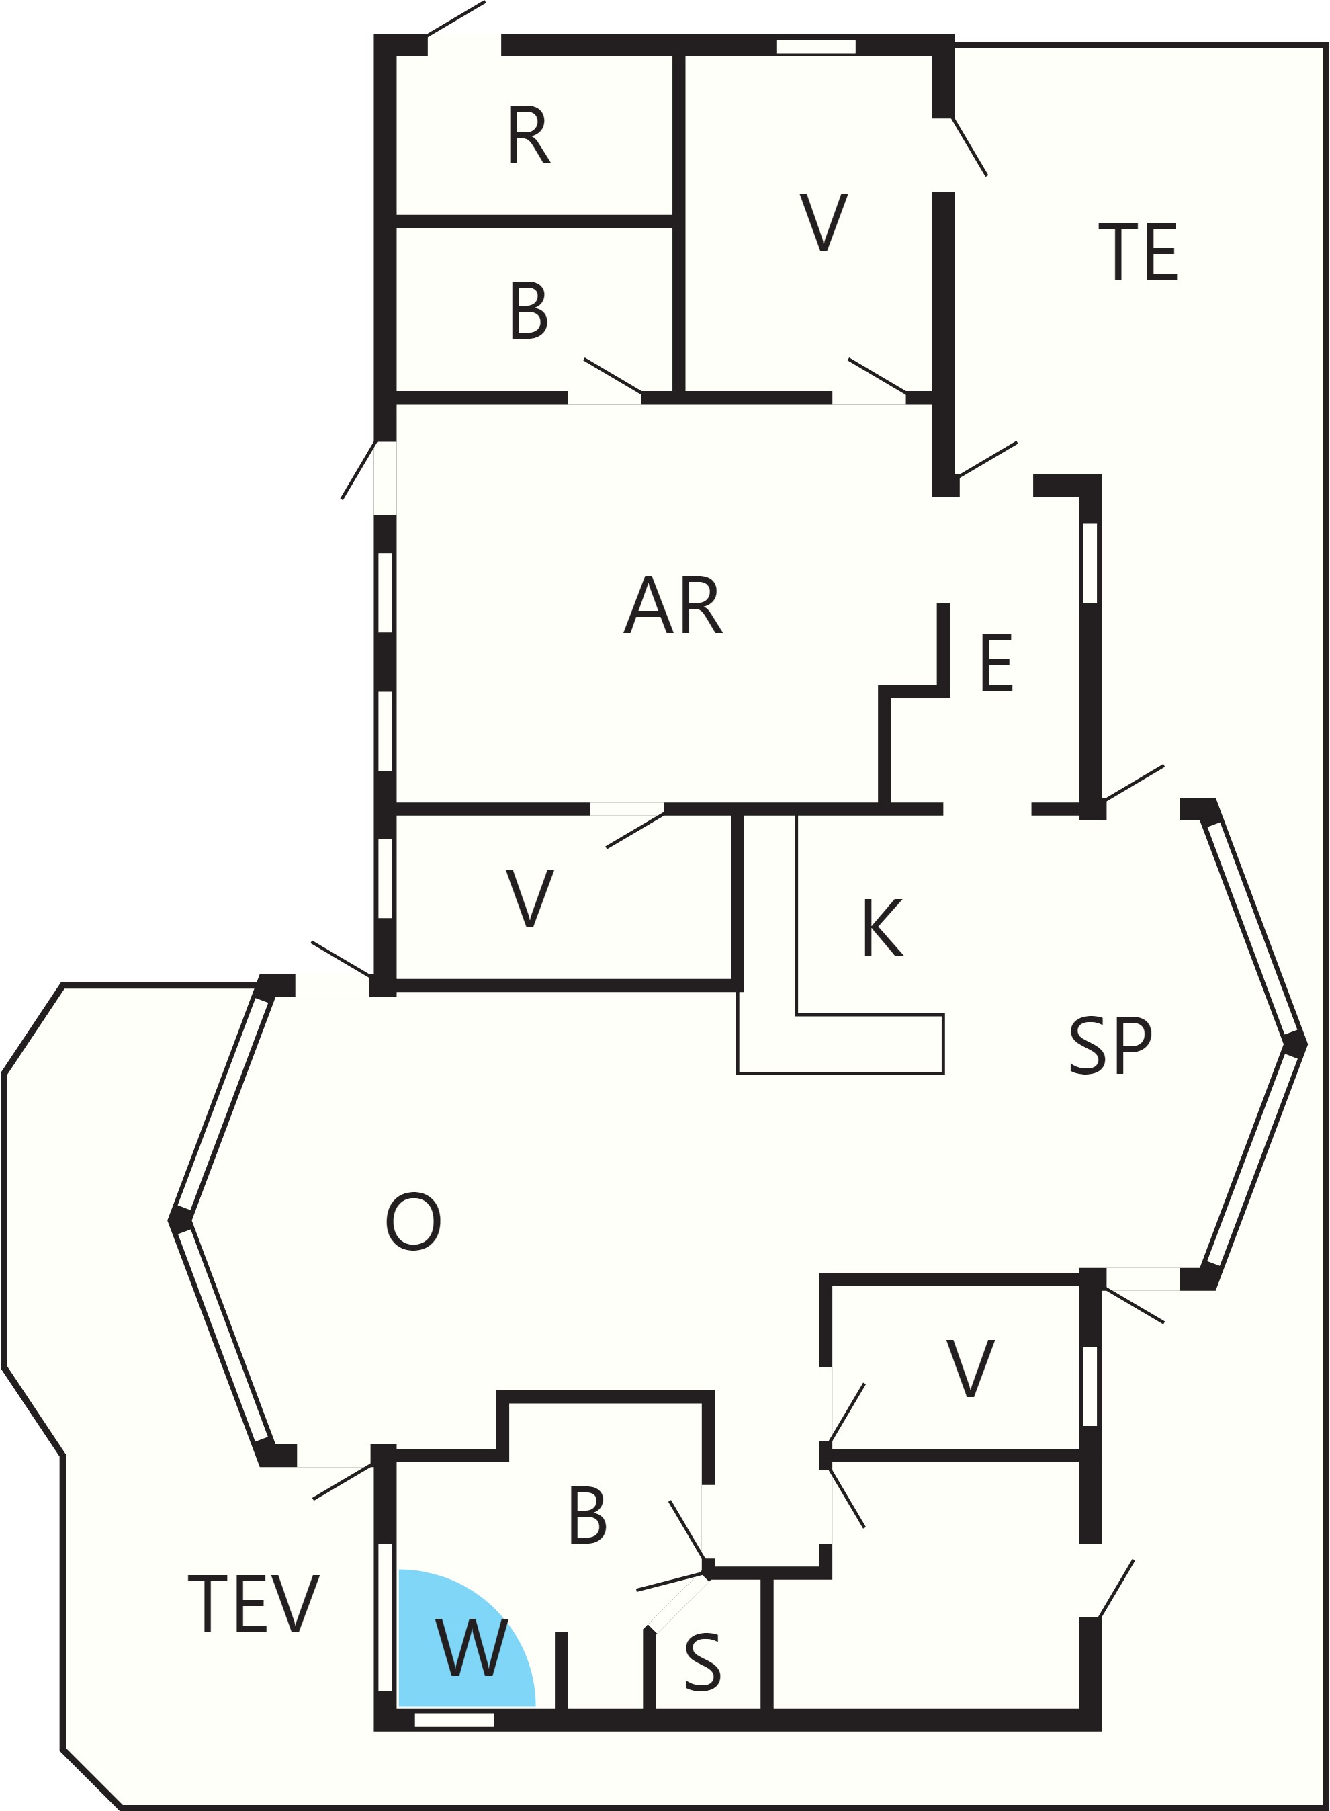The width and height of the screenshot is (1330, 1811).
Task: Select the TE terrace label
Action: click(x=1139, y=253)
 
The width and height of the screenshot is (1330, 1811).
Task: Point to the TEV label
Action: click(x=254, y=1605)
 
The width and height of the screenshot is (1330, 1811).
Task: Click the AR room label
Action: click(x=673, y=605)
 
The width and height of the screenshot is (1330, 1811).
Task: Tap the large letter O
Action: click(x=413, y=1222)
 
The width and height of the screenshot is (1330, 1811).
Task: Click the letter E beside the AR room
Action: click(x=997, y=663)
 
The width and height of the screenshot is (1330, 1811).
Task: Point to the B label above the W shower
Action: click(x=587, y=1515)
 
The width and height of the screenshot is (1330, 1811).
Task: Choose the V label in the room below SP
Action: click(x=970, y=1368)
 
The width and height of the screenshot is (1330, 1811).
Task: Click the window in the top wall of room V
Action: click(x=815, y=47)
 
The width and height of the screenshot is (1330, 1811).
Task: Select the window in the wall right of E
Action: click(x=1090, y=563)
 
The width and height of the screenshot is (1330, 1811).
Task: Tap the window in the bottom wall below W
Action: click(x=454, y=1720)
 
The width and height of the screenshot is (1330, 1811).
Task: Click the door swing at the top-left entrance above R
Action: click(x=455, y=19)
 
